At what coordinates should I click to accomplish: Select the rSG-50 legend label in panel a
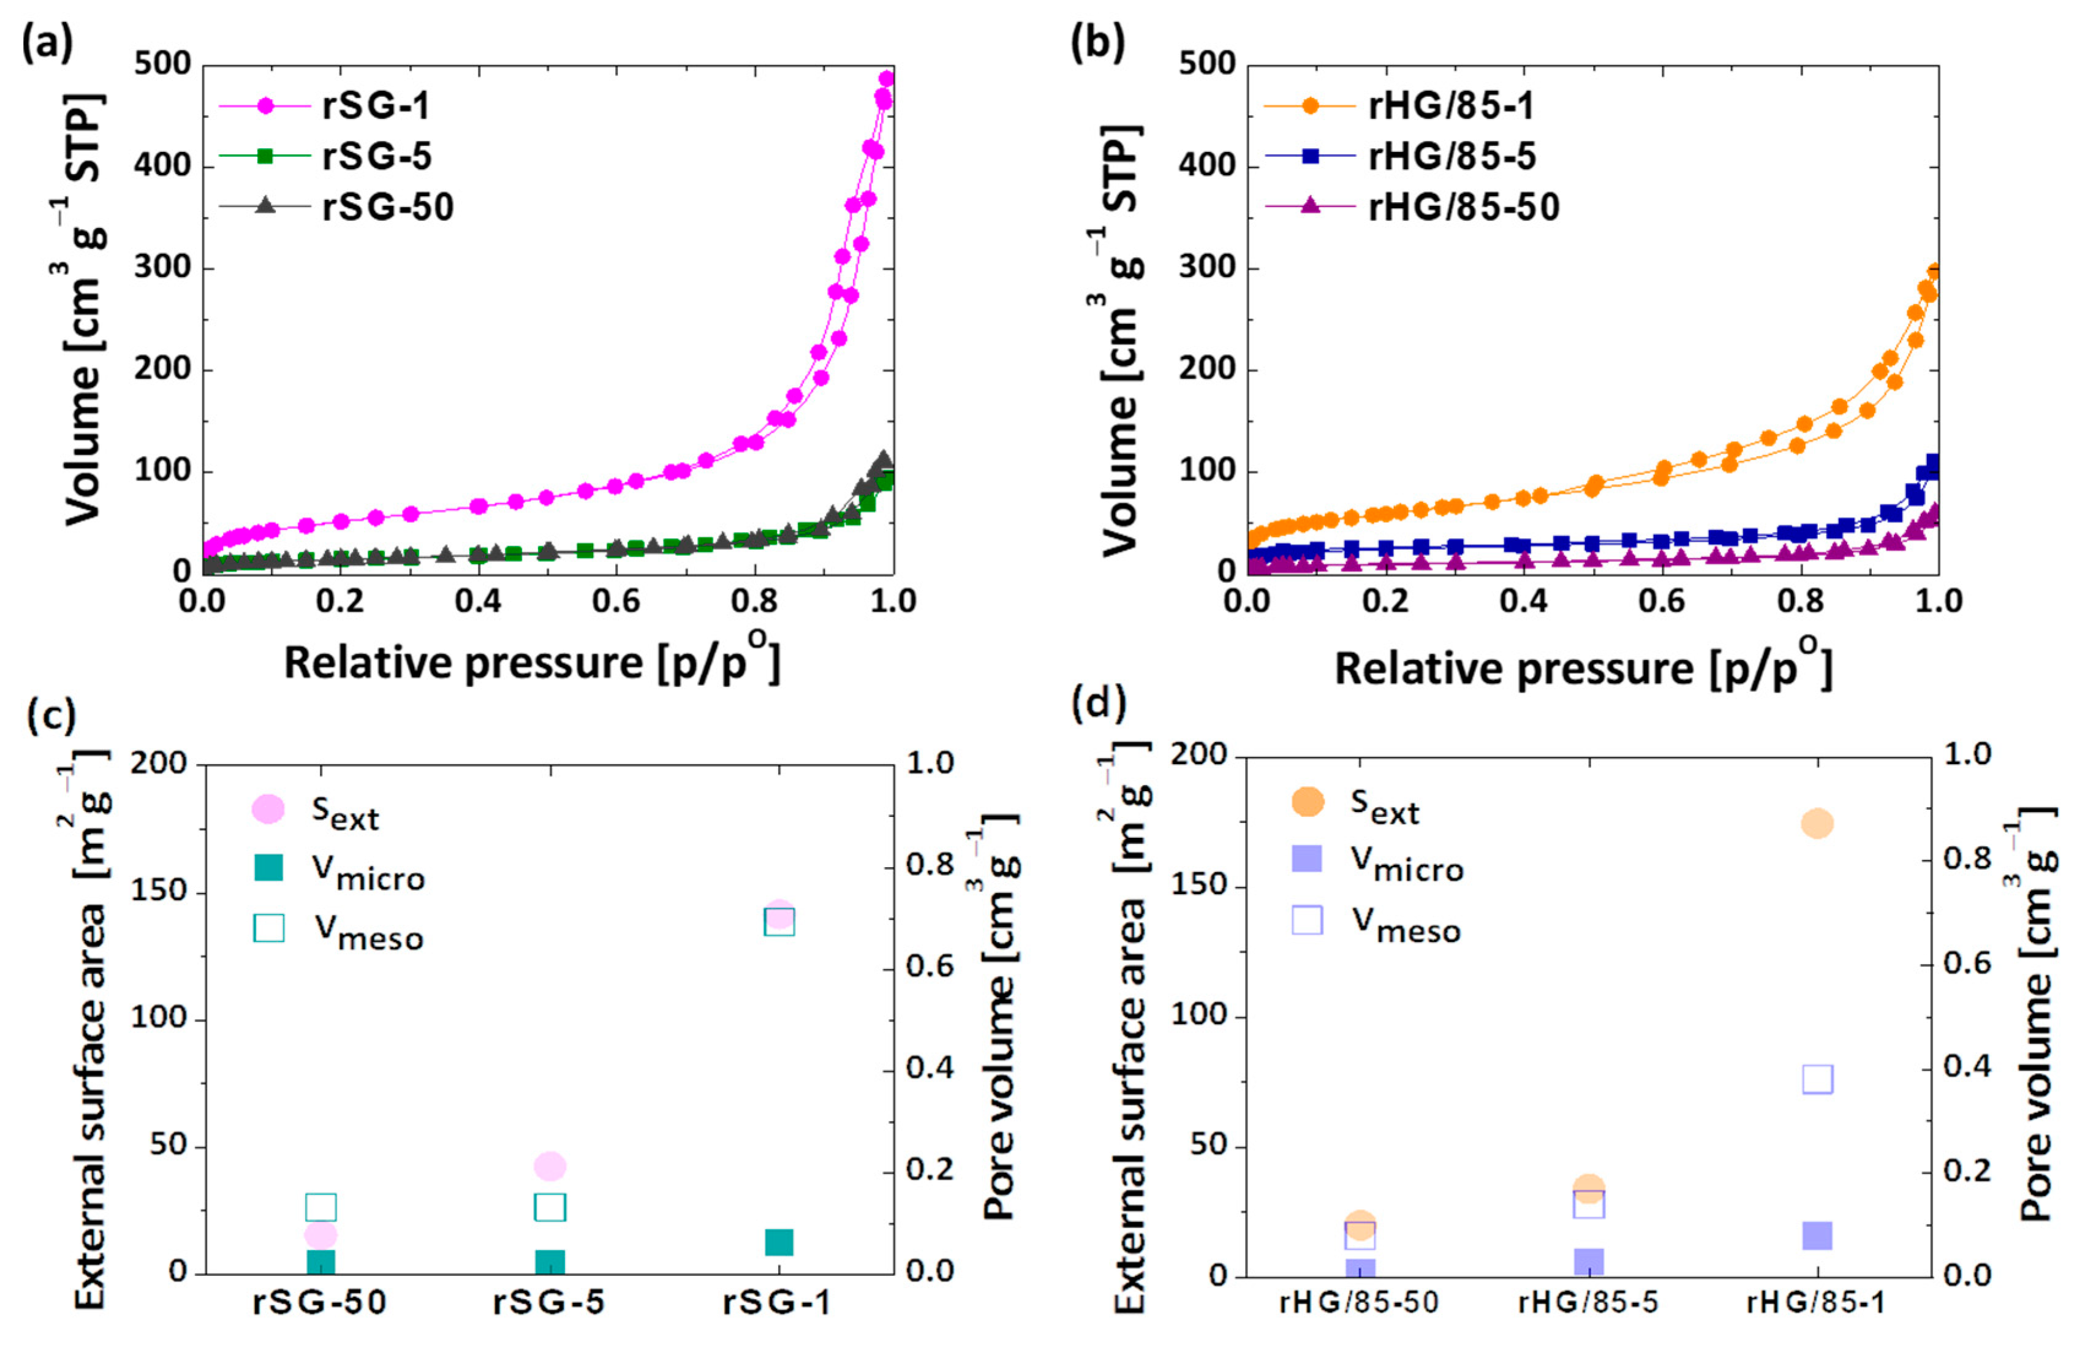click(388, 207)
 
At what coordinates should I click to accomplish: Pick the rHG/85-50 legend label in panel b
click(1463, 207)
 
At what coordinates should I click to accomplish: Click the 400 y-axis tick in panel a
click(162, 165)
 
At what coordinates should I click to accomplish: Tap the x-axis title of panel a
click(532, 662)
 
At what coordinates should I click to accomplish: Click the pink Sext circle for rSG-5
click(550, 1166)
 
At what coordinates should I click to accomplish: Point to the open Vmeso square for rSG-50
click(320, 1207)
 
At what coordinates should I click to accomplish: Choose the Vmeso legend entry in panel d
click(1406, 925)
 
